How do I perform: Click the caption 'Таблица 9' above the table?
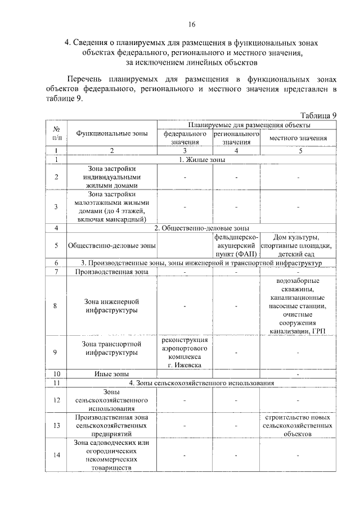click(x=317, y=115)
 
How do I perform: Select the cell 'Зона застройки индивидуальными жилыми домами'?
click(x=112, y=176)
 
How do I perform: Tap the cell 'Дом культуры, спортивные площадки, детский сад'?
click(x=298, y=245)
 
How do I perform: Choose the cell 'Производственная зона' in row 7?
click(x=112, y=272)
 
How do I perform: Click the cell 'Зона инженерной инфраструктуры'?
click(x=112, y=305)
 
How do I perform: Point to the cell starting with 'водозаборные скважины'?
click(x=298, y=305)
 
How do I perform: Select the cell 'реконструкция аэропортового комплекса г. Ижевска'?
click(x=184, y=353)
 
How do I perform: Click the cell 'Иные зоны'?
click(x=112, y=373)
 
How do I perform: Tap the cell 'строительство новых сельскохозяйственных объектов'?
click(x=298, y=426)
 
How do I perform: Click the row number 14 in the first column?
click(x=56, y=455)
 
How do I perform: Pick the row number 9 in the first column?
click(x=56, y=353)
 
